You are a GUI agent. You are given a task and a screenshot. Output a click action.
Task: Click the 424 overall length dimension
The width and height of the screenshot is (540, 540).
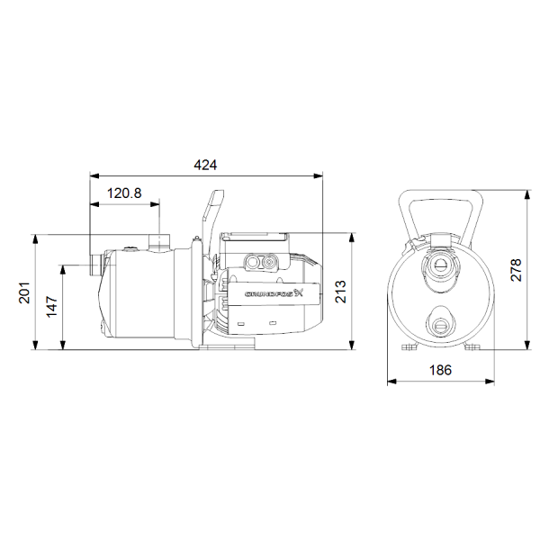pyautogui.click(x=205, y=165)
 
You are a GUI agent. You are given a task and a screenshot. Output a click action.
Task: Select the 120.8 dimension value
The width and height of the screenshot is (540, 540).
pyautogui.click(x=124, y=193)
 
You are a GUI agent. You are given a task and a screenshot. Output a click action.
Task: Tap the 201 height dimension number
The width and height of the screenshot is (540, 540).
pyautogui.click(x=24, y=292)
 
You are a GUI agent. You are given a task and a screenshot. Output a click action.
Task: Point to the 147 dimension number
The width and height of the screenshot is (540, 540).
pyautogui.click(x=52, y=307)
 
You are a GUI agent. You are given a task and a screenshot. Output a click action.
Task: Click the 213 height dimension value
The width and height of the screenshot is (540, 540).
pyautogui.click(x=340, y=292)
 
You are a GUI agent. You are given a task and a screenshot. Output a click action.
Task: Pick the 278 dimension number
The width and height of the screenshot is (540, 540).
pyautogui.click(x=516, y=270)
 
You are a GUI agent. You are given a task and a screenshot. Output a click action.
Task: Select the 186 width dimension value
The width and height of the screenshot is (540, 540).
pyautogui.click(x=440, y=370)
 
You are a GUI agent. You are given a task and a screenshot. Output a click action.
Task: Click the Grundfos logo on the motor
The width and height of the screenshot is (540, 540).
pyautogui.click(x=274, y=293)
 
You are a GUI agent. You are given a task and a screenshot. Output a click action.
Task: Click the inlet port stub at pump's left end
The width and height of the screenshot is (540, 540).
pyautogui.click(x=94, y=265)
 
